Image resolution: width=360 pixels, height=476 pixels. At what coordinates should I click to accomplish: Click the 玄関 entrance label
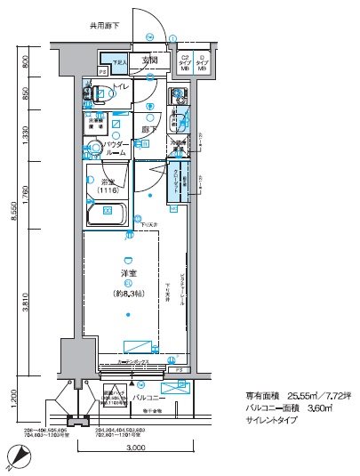[149, 61]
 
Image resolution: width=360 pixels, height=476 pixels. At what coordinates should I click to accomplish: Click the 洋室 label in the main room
[129, 272]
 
